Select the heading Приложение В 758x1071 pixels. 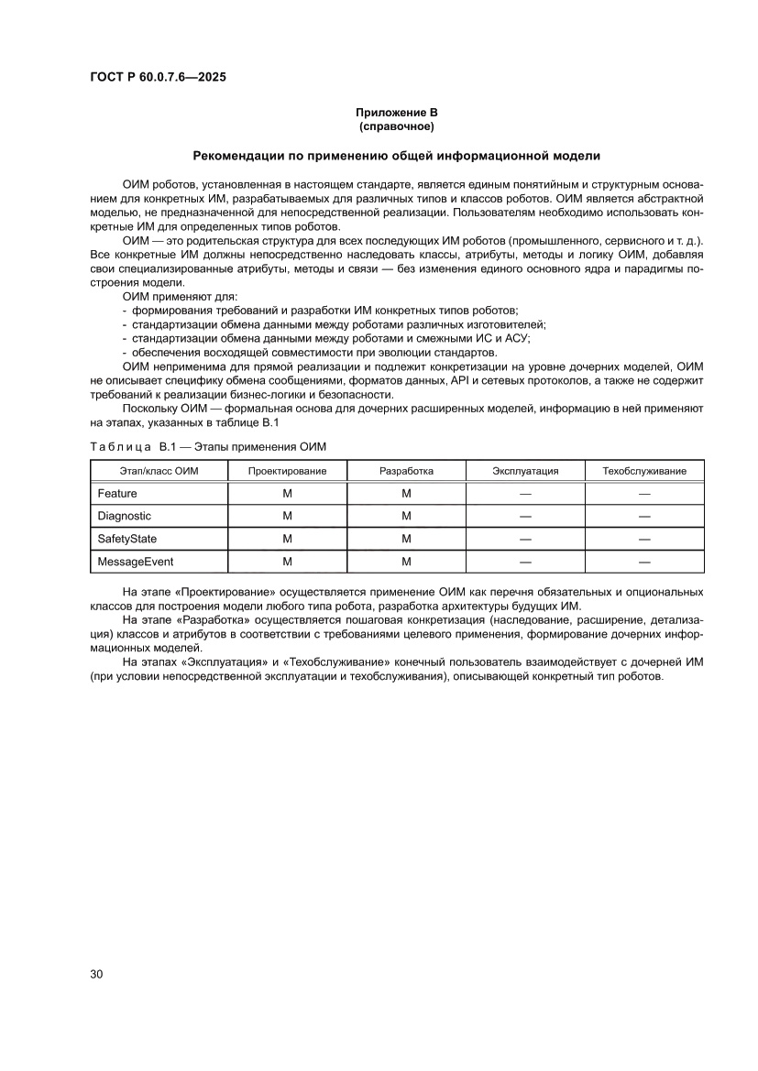[396, 112]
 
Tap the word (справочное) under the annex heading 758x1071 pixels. [396, 126]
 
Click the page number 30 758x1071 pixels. [96, 974]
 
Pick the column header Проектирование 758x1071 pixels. [287, 471]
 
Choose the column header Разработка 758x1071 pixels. [406, 471]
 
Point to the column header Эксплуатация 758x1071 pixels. [525, 471]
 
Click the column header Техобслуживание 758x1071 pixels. [644, 471]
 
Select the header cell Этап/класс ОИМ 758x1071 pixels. [159, 471]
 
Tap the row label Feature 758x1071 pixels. [117, 494]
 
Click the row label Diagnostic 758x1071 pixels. [124, 516]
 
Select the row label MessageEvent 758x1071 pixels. [136, 561]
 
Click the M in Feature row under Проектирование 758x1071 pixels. [287, 494]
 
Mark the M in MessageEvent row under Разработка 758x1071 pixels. [406, 561]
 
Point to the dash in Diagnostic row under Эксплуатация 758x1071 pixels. [525, 516]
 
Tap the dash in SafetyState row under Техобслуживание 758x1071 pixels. [644, 539]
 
